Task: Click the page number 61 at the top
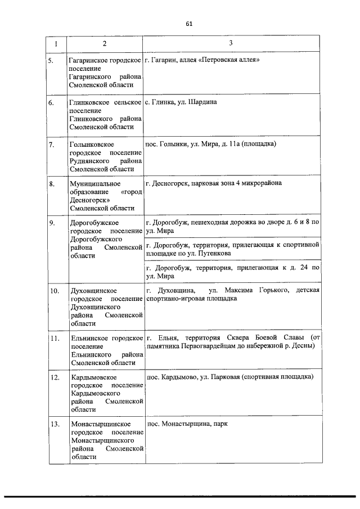[x=188, y=24]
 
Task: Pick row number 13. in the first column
[x=55, y=424]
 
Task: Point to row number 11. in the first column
[x=55, y=338]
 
